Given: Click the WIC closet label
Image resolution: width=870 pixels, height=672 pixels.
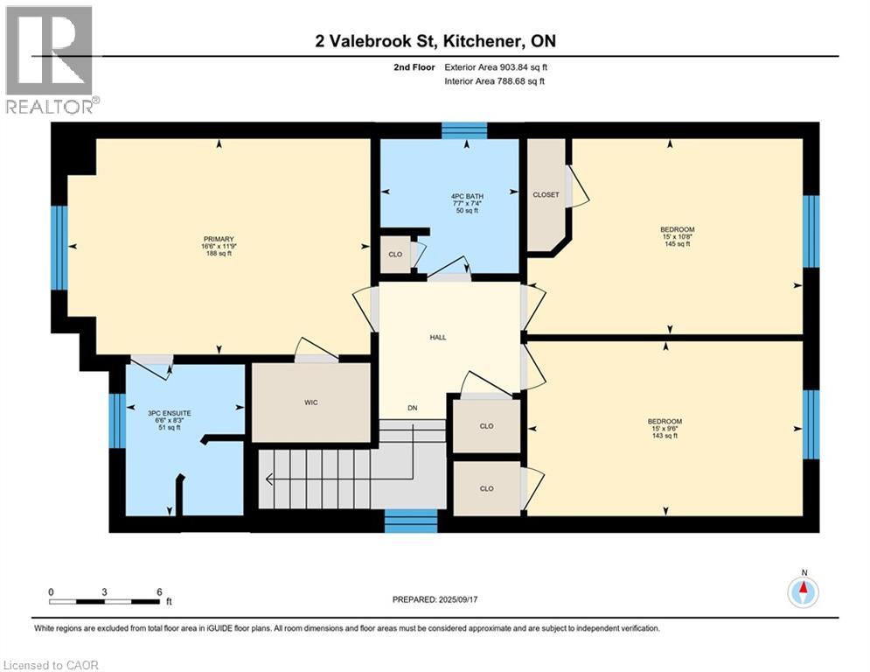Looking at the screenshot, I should click(310, 402).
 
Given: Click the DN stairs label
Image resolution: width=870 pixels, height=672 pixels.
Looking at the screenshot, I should click(413, 408).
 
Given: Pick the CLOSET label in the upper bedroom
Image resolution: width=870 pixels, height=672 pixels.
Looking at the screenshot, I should click(546, 194).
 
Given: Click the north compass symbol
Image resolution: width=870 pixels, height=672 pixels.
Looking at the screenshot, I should click(802, 591).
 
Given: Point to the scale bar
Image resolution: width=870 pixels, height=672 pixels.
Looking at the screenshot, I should click(105, 601).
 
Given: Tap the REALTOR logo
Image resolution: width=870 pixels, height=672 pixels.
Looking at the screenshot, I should click(50, 59).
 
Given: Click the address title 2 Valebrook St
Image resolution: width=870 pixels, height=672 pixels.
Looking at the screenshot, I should click(435, 40).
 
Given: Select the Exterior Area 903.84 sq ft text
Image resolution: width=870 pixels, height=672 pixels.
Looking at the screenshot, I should click(495, 66).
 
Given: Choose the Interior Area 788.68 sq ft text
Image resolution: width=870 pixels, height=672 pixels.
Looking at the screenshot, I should click(495, 81).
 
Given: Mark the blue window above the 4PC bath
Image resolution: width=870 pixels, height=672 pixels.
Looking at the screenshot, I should click(463, 130).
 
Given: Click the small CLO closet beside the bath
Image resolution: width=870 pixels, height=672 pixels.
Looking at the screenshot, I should click(395, 255).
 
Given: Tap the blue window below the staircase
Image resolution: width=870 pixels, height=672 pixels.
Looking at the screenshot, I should click(411, 521).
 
